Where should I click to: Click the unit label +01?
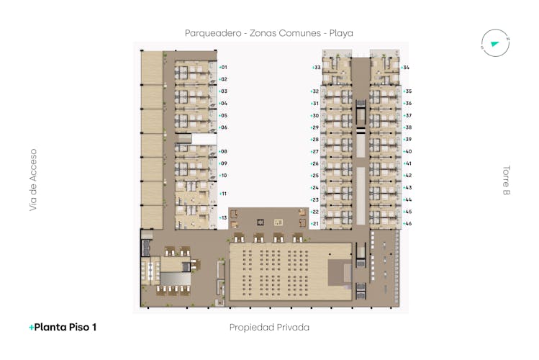point(223,68)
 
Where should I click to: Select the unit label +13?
point(223,218)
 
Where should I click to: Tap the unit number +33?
point(316,68)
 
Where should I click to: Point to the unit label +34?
point(405,68)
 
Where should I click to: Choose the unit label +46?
point(407,224)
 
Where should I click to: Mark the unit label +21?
point(314,224)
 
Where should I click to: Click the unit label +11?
point(223,194)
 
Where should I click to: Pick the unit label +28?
point(314,140)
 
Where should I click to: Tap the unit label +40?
point(407,152)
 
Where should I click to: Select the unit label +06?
point(223,127)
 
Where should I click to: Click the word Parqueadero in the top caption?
point(213,33)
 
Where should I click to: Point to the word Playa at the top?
point(341,33)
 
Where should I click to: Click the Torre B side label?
point(506,180)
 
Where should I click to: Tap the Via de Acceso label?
point(33,180)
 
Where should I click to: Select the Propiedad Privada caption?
point(269,328)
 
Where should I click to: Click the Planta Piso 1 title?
point(65,328)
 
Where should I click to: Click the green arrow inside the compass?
point(494,44)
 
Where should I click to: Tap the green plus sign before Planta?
point(31,328)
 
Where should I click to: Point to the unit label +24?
point(314,188)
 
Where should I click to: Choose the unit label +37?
point(407,116)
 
